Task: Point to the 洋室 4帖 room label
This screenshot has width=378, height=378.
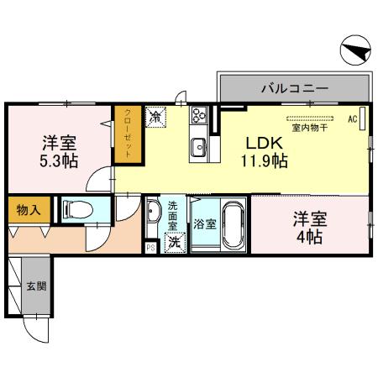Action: point(308,228)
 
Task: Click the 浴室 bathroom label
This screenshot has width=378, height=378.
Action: point(204,224)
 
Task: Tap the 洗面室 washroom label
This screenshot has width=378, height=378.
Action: point(173,216)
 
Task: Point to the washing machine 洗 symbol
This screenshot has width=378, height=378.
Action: point(174,243)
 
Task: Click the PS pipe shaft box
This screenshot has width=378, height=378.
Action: point(151,247)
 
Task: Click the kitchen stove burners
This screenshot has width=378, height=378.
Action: point(200,116)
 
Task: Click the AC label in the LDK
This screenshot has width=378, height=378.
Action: point(353,119)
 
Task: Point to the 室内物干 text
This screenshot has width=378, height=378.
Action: point(308,129)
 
